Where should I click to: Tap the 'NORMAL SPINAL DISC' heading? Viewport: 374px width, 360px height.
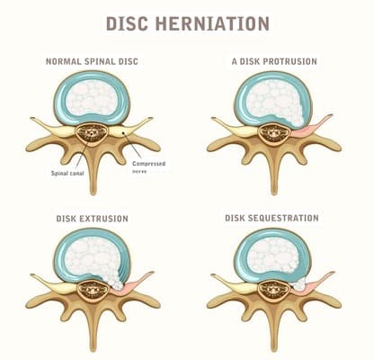click(92, 61)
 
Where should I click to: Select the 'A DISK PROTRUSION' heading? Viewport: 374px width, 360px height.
click(274, 61)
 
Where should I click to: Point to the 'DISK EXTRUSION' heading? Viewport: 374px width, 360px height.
click(93, 219)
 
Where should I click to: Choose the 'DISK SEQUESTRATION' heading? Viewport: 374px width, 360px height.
click(272, 218)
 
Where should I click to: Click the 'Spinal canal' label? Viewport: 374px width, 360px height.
click(67, 173)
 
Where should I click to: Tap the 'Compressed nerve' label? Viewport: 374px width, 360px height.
click(148, 167)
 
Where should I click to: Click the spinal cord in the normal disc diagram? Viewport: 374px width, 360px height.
click(90, 134)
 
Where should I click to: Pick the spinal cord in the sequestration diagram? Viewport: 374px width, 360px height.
click(273, 290)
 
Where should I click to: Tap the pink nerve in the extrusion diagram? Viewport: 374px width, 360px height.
click(132, 284)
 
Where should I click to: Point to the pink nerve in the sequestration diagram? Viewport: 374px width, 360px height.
click(313, 284)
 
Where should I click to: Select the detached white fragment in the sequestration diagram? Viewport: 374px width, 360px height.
click(298, 283)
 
